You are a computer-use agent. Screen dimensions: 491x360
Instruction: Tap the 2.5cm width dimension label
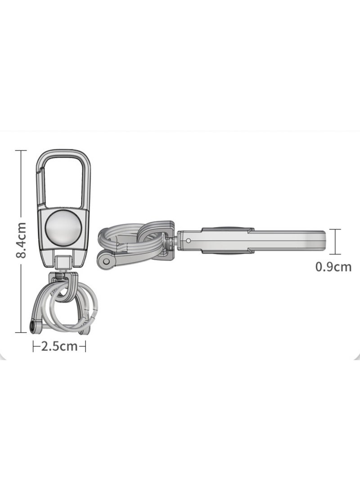click(x=59, y=346)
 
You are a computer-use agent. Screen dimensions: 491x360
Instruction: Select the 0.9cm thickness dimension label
click(x=333, y=267)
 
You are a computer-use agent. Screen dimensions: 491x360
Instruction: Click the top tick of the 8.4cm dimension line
click(x=21, y=151)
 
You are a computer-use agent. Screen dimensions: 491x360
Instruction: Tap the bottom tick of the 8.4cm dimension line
click(x=21, y=332)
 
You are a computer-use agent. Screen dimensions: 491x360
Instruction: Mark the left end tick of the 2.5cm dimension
click(x=34, y=346)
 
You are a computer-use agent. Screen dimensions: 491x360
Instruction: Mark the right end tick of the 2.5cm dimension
click(x=85, y=346)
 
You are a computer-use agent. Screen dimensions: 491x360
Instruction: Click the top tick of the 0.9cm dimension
click(x=335, y=230)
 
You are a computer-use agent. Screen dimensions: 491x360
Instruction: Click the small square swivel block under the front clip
click(x=63, y=261)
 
